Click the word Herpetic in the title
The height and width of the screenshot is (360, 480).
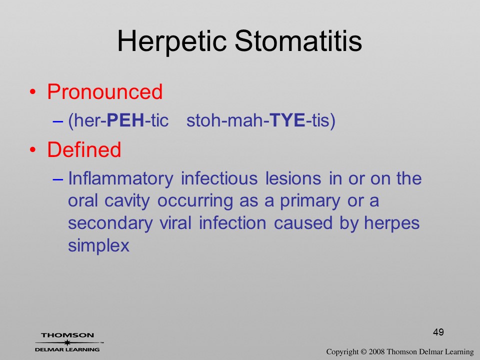click(x=171, y=42)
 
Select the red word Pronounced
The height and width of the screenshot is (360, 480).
click(x=104, y=91)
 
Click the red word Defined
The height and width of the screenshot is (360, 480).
click(x=84, y=149)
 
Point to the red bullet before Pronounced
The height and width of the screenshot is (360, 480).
click(x=33, y=92)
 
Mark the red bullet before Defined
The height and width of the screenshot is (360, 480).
click(x=33, y=149)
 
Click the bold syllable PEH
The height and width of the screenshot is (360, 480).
click(x=125, y=120)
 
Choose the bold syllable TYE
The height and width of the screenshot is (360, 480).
click(x=288, y=120)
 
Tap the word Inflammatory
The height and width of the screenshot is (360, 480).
click(x=120, y=179)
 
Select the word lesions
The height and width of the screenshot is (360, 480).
click(x=293, y=178)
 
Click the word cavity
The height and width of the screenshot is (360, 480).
click(x=127, y=201)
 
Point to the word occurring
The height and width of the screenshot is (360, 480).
click(x=195, y=201)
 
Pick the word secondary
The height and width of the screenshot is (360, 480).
click(x=110, y=224)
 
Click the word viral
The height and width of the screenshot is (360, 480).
click(x=175, y=223)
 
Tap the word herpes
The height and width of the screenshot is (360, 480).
click(x=391, y=224)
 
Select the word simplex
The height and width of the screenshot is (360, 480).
click(x=98, y=246)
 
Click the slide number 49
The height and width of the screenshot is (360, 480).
click(x=438, y=332)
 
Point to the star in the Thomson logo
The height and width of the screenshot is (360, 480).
click(x=67, y=342)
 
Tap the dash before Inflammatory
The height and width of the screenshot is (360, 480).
click(x=58, y=179)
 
